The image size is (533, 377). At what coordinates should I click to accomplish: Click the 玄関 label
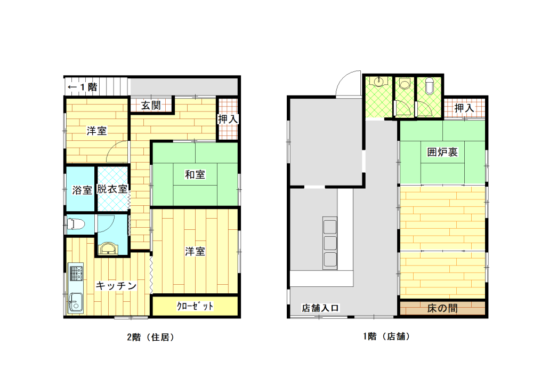[151, 106]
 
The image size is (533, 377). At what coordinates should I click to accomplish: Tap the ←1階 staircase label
[82, 87]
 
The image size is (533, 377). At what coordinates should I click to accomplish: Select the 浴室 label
[82, 190]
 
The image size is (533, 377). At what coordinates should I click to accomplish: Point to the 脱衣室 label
[112, 189]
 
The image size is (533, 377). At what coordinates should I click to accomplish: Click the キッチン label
[116, 286]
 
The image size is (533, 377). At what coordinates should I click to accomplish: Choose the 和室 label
[195, 175]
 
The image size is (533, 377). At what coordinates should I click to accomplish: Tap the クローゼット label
[195, 306]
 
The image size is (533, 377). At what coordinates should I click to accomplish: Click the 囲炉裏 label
[442, 152]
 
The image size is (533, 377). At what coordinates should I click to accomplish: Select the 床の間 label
[442, 308]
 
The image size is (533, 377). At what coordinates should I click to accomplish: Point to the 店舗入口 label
[320, 308]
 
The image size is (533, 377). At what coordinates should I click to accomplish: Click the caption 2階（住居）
[151, 337]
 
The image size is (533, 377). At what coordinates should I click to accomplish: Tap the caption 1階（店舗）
[387, 336]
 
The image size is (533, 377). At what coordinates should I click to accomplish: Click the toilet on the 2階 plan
[76, 224]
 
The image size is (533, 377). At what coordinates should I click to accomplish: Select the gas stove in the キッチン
[76, 272]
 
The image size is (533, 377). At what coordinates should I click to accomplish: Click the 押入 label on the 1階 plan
[464, 108]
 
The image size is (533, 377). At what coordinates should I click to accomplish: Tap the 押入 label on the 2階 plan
[228, 119]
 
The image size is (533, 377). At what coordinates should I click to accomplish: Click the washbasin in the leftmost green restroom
[378, 82]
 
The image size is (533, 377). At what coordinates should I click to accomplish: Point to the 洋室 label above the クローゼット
[195, 252]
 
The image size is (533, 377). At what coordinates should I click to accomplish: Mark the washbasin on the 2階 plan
[108, 248]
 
